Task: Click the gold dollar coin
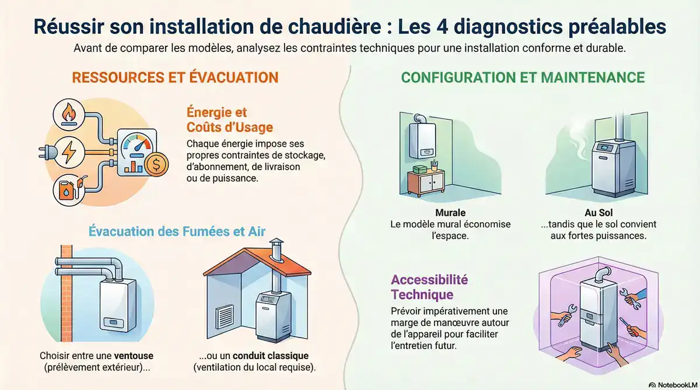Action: tap(156, 166)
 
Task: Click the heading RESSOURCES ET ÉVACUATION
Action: tap(175, 78)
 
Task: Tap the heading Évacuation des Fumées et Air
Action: tap(177, 231)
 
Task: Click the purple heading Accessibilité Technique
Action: tap(429, 286)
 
